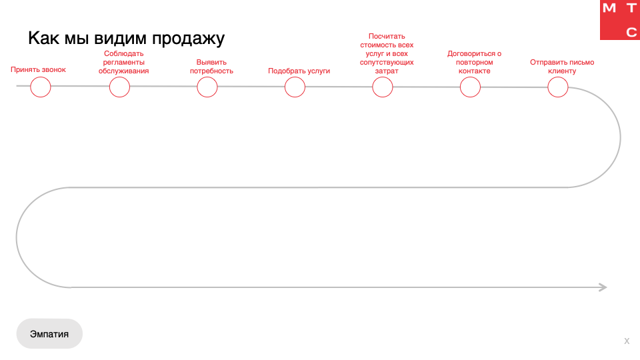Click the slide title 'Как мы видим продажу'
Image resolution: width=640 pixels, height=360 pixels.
(126, 39)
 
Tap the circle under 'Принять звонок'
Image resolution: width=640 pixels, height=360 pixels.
(41, 87)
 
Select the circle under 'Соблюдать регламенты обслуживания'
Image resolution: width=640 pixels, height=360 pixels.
(119, 87)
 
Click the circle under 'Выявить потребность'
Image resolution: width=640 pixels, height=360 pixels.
(207, 87)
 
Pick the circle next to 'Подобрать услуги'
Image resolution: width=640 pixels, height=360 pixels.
(295, 87)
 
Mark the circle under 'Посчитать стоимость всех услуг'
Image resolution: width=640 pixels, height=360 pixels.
(383, 87)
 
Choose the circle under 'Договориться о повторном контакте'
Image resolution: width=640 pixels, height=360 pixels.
(470, 87)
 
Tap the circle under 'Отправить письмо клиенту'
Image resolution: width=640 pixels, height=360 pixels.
(558, 87)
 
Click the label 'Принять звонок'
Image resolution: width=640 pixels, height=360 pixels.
(39, 69)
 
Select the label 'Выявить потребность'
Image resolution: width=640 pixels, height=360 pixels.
(211, 67)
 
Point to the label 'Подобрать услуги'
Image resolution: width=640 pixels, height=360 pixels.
(299, 71)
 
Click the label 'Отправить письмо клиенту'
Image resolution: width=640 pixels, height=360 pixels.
(562, 67)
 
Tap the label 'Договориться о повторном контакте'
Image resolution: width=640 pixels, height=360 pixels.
(474, 62)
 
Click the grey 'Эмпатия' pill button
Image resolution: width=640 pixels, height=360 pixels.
(49, 333)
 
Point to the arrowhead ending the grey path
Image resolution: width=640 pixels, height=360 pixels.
(603, 287)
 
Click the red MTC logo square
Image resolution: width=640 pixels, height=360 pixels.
(620, 20)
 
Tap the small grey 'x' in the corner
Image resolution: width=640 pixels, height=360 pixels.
(627, 341)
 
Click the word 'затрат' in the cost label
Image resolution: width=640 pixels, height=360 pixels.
(387, 71)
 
